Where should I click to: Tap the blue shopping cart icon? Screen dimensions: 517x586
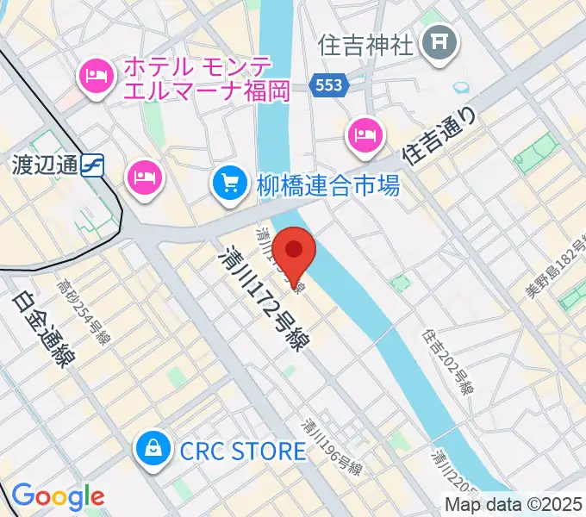click(229, 183)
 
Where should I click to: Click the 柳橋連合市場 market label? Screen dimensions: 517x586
click(327, 184)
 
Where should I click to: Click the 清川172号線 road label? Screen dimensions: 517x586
click(264, 297)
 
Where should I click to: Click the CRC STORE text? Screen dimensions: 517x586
click(243, 451)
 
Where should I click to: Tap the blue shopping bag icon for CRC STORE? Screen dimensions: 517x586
click(153, 448)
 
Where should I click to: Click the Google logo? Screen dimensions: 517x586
click(57, 495)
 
